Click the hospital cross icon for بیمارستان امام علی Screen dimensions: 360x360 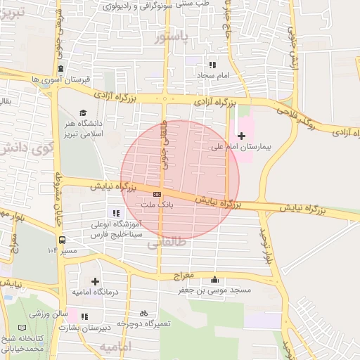242,136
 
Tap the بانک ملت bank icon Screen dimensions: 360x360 157,194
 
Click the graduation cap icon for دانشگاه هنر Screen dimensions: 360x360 83,113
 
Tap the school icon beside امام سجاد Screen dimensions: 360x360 212,65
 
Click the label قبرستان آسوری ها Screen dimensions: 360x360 61,79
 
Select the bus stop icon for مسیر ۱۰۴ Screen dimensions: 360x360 63,239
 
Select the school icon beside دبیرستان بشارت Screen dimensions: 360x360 85,317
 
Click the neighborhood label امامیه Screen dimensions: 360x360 115,347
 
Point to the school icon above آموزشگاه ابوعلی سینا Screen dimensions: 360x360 115,213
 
